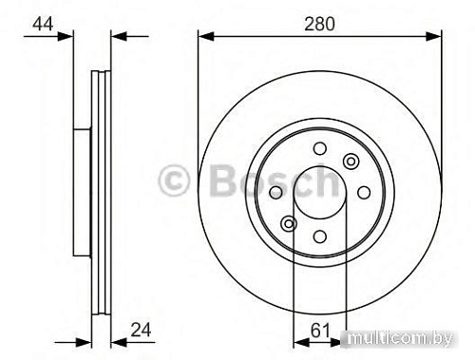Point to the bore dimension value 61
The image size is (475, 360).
(321, 332)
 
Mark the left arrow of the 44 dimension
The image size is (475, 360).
(66, 37)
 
